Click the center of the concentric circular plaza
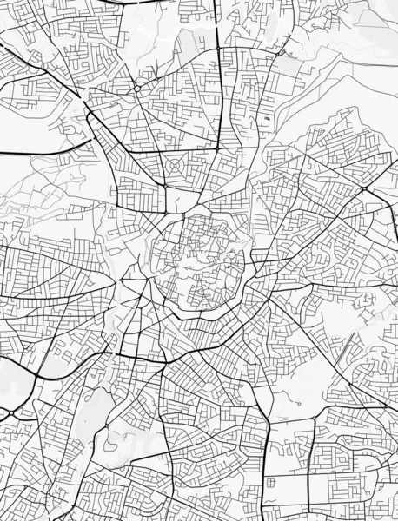pyautogui.click(x=175, y=163)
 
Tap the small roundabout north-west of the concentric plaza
pyautogui.click(x=137, y=88)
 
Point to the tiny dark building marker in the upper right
pyautogui.click(x=266, y=117)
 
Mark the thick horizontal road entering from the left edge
pyautogui.click(x=35, y=153)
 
